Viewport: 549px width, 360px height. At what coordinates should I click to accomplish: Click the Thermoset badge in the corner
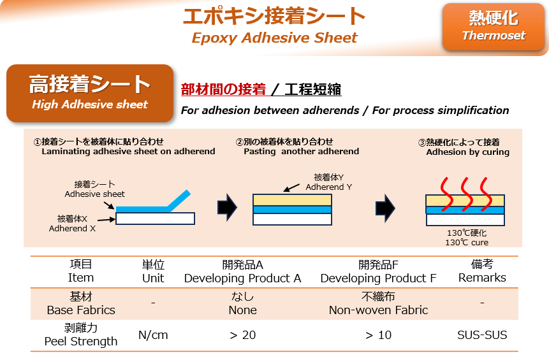494,27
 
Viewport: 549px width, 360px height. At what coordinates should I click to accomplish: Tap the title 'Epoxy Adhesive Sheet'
274,38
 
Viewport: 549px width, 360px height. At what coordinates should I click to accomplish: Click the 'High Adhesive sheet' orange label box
90,93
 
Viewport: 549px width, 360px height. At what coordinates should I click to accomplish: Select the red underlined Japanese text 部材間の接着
223,89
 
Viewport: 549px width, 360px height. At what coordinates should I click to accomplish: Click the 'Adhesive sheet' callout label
94,189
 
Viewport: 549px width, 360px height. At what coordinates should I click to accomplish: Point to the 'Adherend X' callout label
72,224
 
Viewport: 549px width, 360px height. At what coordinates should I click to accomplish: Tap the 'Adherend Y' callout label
329,182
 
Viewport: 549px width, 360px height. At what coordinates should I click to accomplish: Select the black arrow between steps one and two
227,208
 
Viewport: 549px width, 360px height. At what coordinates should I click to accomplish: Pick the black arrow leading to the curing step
385,208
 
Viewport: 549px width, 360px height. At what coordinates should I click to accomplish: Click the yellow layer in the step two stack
292,200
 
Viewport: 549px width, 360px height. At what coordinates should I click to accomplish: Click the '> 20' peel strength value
243,335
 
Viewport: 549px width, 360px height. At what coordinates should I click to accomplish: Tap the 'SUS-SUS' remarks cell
482,335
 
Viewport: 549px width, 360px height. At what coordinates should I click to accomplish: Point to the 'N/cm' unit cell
153,335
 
